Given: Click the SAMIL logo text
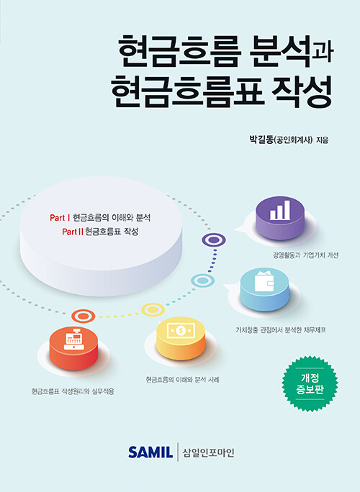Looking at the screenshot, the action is (x=150, y=452).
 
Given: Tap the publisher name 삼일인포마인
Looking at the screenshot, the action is (x=209, y=452).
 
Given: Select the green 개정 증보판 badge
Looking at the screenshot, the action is (x=310, y=384).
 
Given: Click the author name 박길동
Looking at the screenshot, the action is (x=261, y=140).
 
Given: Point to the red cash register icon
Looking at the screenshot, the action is (x=74, y=339).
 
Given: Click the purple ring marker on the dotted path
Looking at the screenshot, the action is (x=214, y=240).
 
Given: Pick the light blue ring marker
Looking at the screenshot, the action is (x=202, y=281).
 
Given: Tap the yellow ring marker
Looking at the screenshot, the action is (x=153, y=310).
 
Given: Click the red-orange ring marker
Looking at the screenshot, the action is (x=84, y=316).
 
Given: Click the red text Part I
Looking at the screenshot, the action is (x=60, y=218).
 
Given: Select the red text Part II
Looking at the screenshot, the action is (x=73, y=232).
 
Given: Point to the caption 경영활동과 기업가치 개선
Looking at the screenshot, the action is (x=305, y=255).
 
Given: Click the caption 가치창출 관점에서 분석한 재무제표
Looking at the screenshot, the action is (x=281, y=330).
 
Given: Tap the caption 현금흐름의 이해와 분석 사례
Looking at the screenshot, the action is (x=182, y=380).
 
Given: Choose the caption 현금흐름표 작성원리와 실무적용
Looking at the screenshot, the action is (x=73, y=391).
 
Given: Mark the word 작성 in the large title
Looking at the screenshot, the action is (x=301, y=92).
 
